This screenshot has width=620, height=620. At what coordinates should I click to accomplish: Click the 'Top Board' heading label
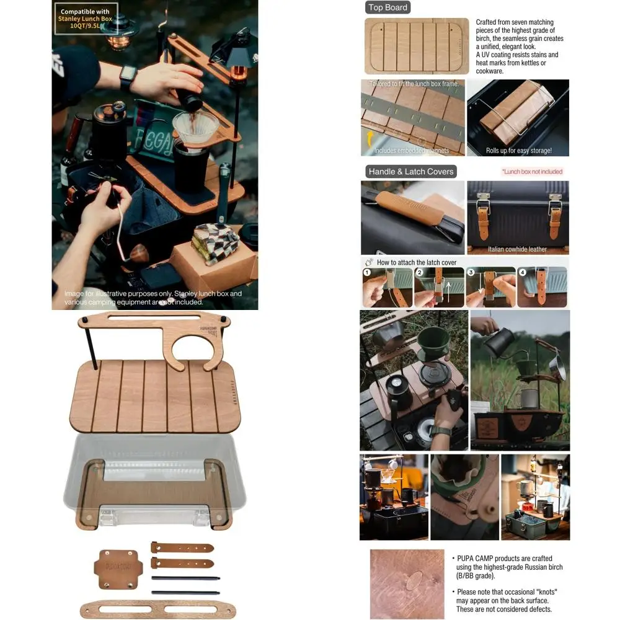tap(388, 7)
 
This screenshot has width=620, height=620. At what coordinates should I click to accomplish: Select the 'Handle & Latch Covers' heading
tap(410, 171)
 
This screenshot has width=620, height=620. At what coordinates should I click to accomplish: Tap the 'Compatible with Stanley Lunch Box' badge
tap(86, 19)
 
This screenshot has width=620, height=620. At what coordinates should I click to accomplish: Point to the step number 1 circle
tap(368, 272)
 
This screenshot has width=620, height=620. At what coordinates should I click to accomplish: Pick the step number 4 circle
tap(523, 272)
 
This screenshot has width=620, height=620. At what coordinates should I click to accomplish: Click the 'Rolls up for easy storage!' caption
tap(518, 151)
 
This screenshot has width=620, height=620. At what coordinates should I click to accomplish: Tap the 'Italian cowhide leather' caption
tap(517, 249)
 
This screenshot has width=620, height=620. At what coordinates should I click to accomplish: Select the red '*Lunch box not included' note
tap(532, 172)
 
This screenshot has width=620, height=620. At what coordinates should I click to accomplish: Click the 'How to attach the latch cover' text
tap(417, 262)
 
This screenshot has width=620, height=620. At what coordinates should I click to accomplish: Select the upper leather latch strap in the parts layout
tap(182, 548)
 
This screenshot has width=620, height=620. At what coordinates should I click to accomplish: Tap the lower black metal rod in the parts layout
tap(185, 593)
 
